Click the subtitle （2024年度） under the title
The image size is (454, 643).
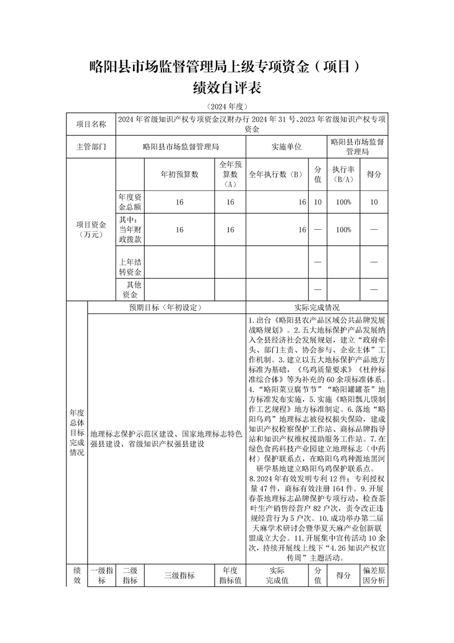227,107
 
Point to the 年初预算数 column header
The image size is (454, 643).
179,174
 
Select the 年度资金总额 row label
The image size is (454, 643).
129,202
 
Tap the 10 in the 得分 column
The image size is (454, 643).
374,202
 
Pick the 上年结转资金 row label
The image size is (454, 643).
129,267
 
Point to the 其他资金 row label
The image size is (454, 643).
129,289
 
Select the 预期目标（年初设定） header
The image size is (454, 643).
166,307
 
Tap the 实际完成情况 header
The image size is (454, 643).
317,307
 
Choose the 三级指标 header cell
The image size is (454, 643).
179,575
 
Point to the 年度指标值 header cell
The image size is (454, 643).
230,575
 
